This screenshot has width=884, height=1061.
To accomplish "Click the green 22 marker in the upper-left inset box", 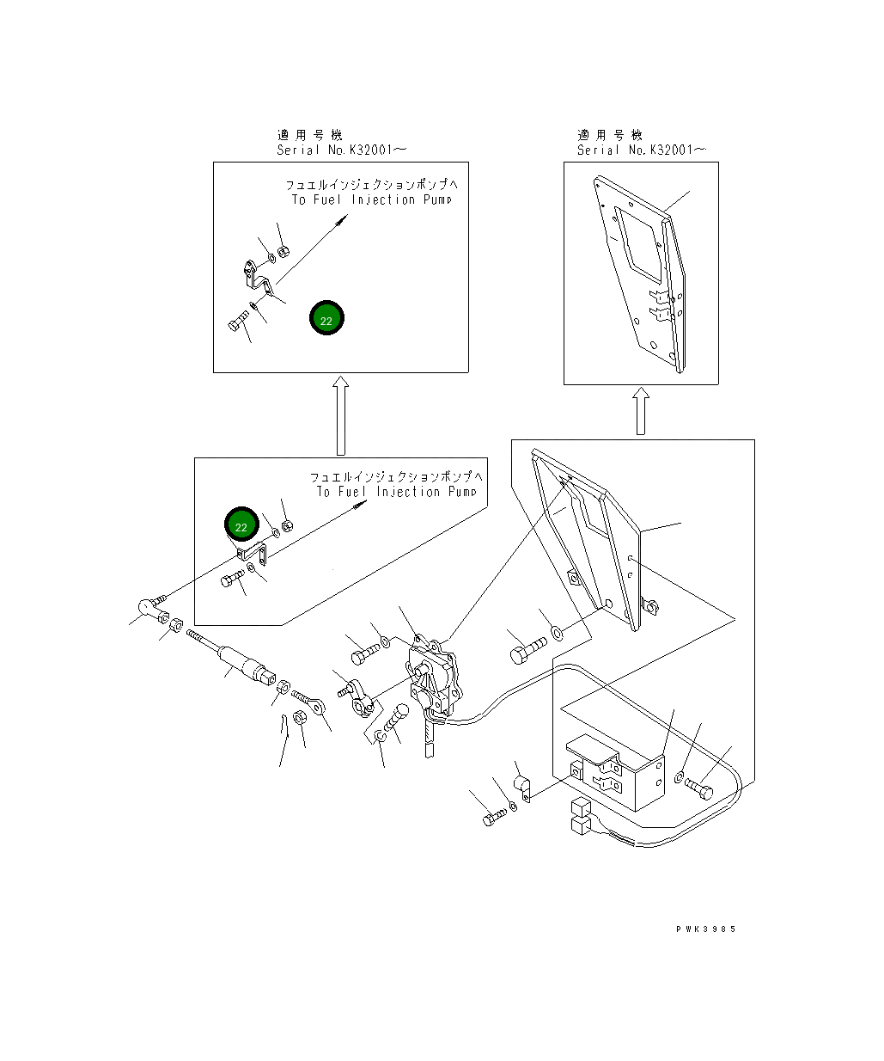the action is pyautogui.click(x=326, y=317).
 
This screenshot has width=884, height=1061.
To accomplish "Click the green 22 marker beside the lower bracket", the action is pyautogui.click(x=241, y=524).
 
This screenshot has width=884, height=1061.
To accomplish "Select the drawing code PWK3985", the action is pyautogui.click(x=705, y=929).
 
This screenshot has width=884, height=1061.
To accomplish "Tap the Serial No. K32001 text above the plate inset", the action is pyautogui.click(x=641, y=150).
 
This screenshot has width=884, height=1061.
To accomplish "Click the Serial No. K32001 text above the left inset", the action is pyautogui.click(x=341, y=150).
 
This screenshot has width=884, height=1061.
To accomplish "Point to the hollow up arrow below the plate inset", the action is pyautogui.click(x=641, y=411).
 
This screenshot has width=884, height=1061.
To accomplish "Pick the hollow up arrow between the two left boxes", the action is pyautogui.click(x=341, y=415).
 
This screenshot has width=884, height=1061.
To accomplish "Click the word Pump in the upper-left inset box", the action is pyautogui.click(x=437, y=199).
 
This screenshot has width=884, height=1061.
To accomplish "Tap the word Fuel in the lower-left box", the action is pyautogui.click(x=352, y=491).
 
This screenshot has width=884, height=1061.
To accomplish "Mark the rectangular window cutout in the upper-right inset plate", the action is pyautogui.click(x=639, y=242).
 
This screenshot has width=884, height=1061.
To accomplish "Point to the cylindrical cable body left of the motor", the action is pyautogui.click(x=247, y=663).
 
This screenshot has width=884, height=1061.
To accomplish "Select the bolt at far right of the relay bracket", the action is pyautogui.click(x=698, y=788).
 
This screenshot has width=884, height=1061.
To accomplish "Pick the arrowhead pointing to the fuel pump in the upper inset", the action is pyautogui.click(x=344, y=219).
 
